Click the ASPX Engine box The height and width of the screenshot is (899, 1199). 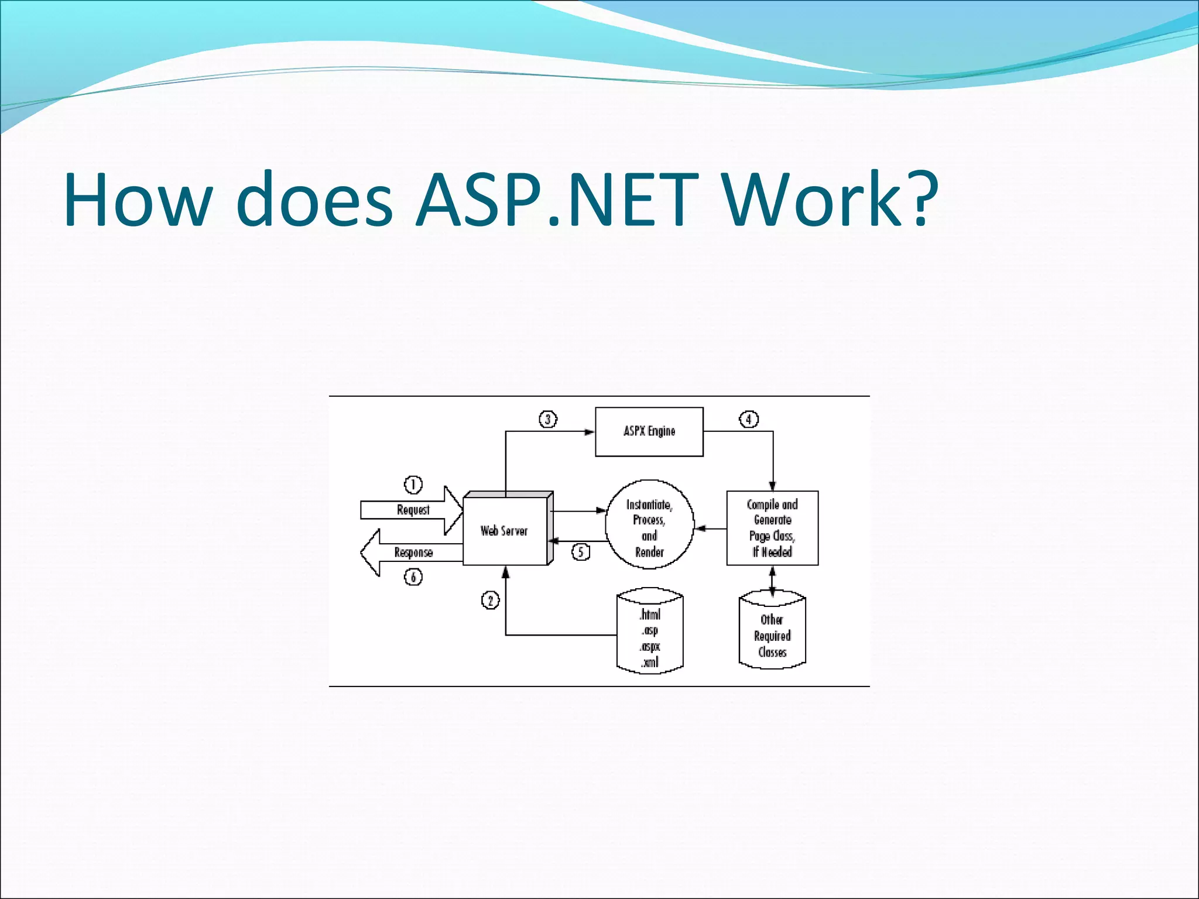click(649, 431)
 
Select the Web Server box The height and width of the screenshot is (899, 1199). click(505, 530)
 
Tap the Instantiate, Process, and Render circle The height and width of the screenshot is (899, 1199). click(649, 524)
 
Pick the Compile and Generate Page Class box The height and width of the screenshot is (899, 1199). click(772, 528)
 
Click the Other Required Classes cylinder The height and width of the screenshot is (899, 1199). click(772, 633)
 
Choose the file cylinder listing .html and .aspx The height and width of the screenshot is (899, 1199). click(650, 631)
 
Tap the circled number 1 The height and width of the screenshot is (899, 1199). click(413, 485)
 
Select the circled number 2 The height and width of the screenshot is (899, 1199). click(490, 601)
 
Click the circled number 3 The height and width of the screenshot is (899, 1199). click(548, 419)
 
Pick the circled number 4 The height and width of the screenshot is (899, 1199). click(748, 419)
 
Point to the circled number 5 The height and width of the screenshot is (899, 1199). click(580, 552)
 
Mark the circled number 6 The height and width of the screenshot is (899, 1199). click(413, 578)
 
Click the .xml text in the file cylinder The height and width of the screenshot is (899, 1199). click(650, 663)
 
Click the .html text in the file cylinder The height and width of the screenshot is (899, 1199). click(650, 615)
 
